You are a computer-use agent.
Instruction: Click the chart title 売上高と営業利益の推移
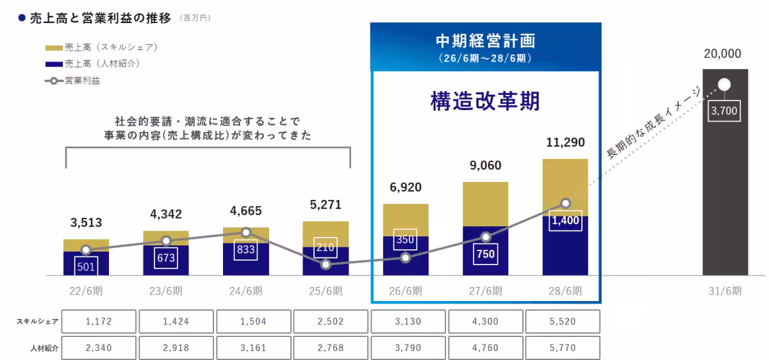(101, 18)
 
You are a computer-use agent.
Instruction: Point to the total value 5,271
(326, 206)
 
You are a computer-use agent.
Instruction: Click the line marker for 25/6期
(326, 264)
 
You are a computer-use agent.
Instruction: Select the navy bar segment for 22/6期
(86, 264)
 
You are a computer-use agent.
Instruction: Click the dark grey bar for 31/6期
(725, 192)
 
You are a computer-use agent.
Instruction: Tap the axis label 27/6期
(486, 291)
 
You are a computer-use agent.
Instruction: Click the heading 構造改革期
(485, 101)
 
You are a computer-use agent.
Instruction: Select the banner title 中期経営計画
(485, 41)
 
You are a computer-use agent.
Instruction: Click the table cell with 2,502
(331, 322)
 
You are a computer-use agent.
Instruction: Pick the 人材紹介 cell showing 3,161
(254, 348)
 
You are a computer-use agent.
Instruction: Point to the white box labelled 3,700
(725, 111)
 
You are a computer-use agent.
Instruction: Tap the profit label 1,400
(565, 220)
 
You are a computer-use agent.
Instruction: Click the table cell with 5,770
(563, 348)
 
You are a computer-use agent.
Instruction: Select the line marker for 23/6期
(166, 241)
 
